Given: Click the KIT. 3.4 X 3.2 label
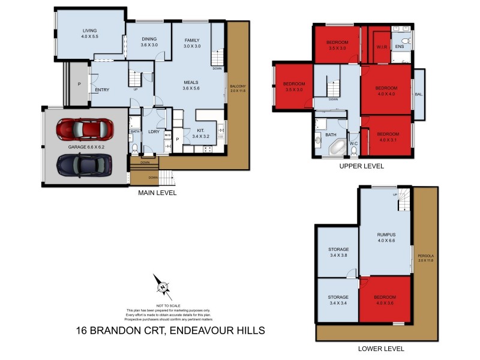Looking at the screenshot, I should (x=205, y=134).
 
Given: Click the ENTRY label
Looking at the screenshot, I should (x=102, y=90).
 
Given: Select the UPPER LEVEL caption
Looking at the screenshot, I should (x=361, y=166).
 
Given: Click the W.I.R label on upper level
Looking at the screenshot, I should (x=381, y=46).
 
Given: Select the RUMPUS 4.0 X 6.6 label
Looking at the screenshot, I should (x=386, y=238).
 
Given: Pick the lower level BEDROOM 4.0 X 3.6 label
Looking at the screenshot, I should (x=385, y=300).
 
